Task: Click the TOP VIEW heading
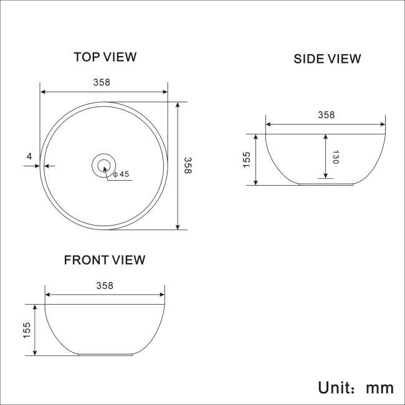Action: coord(105,57)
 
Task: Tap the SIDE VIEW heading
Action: coord(327,59)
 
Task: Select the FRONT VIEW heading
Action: coord(105,260)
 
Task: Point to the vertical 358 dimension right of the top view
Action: coord(187,165)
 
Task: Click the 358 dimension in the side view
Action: coord(326,115)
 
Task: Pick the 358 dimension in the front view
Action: coord(105,285)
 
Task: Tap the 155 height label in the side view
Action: coord(247,160)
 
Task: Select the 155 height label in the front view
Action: coord(27,330)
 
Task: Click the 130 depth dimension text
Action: coord(335,157)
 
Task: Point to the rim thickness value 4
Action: coord(29,156)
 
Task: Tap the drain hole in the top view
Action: coord(103,165)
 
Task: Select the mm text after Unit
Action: coord(379,388)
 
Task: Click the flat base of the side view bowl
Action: coord(326,184)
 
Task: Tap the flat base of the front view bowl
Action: coord(105,355)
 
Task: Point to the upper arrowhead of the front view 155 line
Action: coord(35,307)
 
